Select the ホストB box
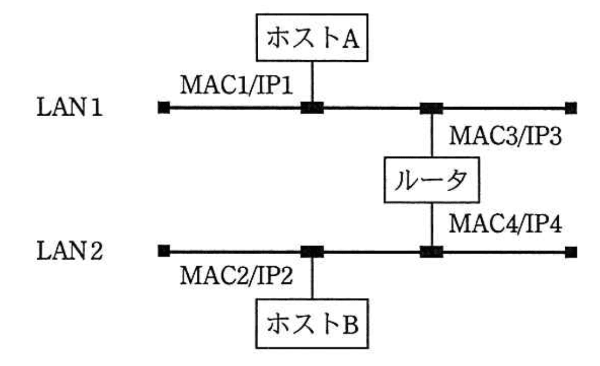[x=312, y=324]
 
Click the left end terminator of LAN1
[x=163, y=108]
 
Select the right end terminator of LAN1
[x=570, y=108]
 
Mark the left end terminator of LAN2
[x=163, y=251]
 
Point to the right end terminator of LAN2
[x=570, y=252]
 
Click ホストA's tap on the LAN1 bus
[x=312, y=108]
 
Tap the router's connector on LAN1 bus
[x=432, y=108]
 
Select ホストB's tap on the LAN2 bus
[x=312, y=251]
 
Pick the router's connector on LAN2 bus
[x=432, y=251]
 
